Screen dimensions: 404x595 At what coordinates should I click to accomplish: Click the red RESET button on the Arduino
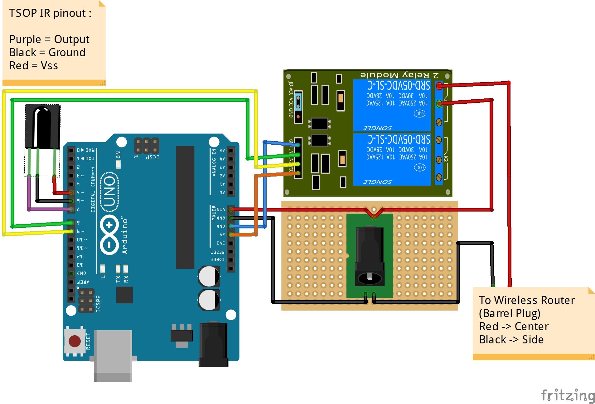tap(75, 341)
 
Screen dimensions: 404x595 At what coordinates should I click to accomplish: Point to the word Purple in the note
tap(25, 39)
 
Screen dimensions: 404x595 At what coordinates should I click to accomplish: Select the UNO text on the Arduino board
tap(110, 191)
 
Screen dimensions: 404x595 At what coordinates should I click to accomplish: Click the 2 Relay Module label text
tap(399, 75)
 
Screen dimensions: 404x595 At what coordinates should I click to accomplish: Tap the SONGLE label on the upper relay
tap(377, 128)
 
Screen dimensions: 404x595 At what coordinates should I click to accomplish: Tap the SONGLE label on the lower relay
tap(377, 182)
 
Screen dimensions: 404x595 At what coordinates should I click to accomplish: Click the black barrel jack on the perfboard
tap(370, 256)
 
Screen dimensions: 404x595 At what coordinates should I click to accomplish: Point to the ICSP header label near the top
tap(152, 157)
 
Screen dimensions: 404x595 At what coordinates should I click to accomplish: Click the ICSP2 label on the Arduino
tap(98, 303)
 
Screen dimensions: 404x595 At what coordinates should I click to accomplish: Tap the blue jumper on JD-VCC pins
tap(298, 101)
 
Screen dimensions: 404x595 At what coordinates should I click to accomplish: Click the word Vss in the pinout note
tap(49, 66)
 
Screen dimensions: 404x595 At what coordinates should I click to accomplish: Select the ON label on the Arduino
tap(118, 155)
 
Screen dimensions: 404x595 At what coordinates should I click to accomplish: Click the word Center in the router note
tap(531, 326)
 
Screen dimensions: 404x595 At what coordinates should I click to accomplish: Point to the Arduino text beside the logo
tap(125, 236)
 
